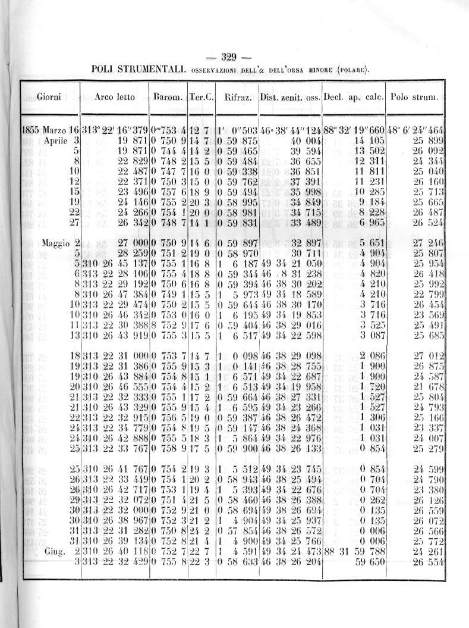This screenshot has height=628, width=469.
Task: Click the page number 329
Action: coord(229,58)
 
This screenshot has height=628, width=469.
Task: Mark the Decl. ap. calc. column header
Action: coord(353,97)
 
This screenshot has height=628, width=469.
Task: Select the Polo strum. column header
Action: coord(414,97)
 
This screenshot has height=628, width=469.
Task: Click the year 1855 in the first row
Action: coord(31,130)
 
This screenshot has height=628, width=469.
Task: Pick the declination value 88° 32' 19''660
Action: coord(353,130)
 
